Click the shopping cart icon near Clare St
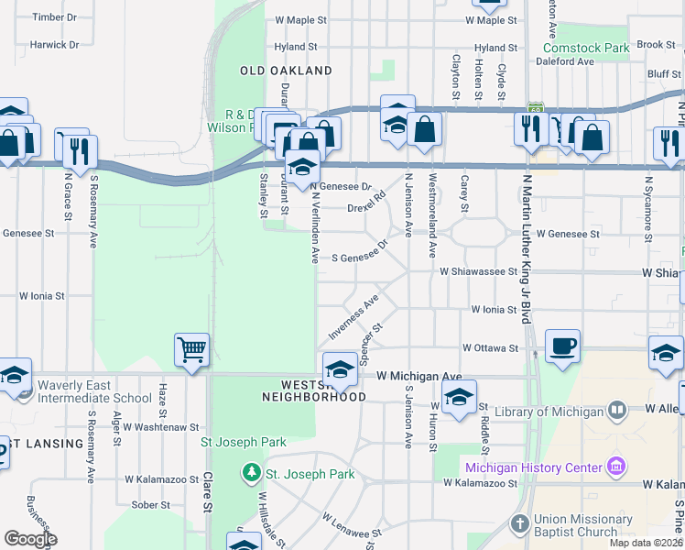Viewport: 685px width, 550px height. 192,349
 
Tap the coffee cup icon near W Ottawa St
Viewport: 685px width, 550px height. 563,346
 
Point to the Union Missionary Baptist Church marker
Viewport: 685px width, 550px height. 519,525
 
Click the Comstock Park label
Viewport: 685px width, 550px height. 586,47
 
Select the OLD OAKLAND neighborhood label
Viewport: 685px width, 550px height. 286,71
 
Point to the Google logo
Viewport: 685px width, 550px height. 30,539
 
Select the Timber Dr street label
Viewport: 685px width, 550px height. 54,17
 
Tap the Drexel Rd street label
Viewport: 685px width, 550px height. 366,208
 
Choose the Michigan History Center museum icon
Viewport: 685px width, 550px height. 617,467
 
